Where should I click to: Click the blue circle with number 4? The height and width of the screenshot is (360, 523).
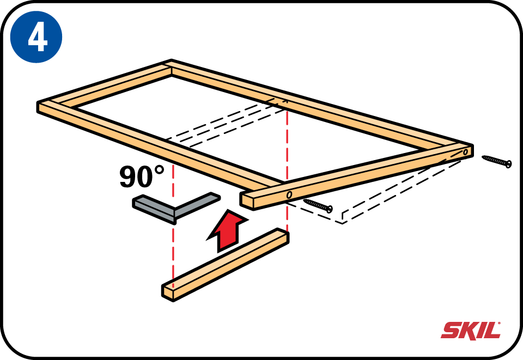[x=36, y=36]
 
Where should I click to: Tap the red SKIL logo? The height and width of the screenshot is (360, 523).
[x=471, y=331]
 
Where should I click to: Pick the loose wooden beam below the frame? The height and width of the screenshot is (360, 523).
[x=226, y=265]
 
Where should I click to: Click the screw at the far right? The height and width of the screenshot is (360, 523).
[x=497, y=161]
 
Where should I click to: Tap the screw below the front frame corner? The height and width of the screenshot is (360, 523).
[x=318, y=205]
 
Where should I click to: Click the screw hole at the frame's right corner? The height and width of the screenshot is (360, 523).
[x=465, y=152]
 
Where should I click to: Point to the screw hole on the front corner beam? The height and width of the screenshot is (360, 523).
[x=289, y=194]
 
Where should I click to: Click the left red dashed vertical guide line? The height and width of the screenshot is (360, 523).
[x=173, y=220]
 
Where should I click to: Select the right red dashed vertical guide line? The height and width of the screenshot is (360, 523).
[x=287, y=167]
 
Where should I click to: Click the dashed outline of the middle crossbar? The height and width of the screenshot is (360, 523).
[x=227, y=123]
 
